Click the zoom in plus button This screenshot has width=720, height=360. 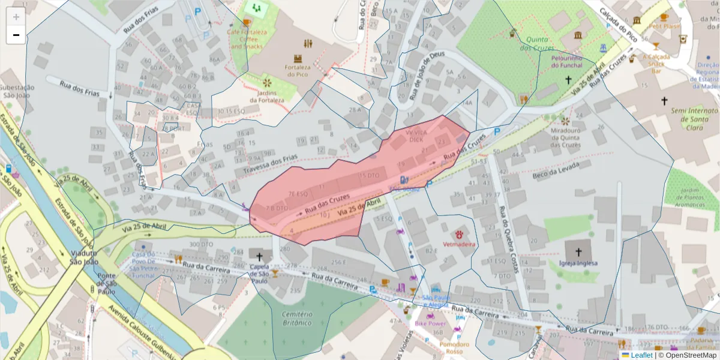[x=16, y=17]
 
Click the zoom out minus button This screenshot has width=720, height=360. [x=16, y=35]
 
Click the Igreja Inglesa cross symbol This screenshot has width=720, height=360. [x=578, y=251]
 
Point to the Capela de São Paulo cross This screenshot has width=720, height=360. [x=259, y=256]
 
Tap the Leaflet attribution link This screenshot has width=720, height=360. [x=641, y=355]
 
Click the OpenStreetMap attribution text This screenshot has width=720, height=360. [x=690, y=355]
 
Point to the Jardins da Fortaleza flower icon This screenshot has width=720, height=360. [x=267, y=82]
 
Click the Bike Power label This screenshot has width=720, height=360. [x=430, y=323]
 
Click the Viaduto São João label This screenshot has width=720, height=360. [x=84, y=257]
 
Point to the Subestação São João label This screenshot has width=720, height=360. [x=18, y=91]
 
